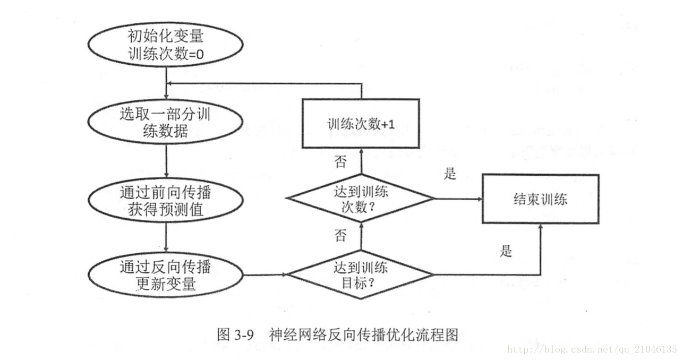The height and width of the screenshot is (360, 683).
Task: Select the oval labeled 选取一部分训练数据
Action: pyautogui.click(x=166, y=123)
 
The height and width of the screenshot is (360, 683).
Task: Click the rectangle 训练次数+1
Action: pyautogui.click(x=361, y=124)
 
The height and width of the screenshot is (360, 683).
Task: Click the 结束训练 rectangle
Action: pyautogui.click(x=540, y=199)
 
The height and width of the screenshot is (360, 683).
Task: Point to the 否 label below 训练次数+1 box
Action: pyautogui.click(x=340, y=161)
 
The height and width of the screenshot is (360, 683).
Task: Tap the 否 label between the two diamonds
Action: pyautogui.click(x=340, y=236)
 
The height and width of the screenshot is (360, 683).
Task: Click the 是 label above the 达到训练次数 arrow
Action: pyautogui.click(x=450, y=174)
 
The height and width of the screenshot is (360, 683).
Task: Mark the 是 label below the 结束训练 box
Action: pyautogui.click(x=506, y=251)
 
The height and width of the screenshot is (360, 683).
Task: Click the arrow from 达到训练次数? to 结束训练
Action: pyautogui.click(x=458, y=199)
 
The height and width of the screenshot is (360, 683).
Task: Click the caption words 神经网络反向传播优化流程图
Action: pyautogui.click(x=363, y=335)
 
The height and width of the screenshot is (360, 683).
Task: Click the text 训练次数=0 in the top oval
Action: pyautogui.click(x=166, y=54)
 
